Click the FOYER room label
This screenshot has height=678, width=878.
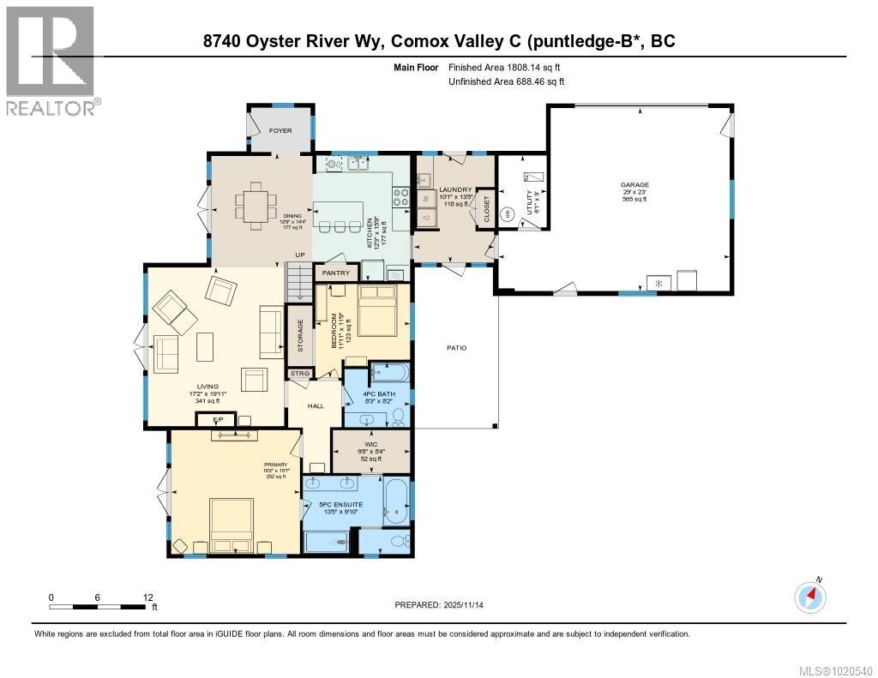point(280,131)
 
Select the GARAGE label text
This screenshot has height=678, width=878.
point(635,184)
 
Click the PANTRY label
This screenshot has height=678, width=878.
point(336,273)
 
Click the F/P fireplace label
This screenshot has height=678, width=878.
point(205,419)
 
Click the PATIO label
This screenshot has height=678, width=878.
point(455,347)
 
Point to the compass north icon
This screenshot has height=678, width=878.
point(810,597)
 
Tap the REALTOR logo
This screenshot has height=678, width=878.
point(51,60)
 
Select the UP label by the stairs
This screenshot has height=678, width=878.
point(300,255)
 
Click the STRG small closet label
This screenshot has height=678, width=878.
point(299,374)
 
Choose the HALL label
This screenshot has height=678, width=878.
point(316,405)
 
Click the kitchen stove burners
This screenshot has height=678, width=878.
point(400,194)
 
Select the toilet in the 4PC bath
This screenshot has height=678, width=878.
point(398,417)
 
